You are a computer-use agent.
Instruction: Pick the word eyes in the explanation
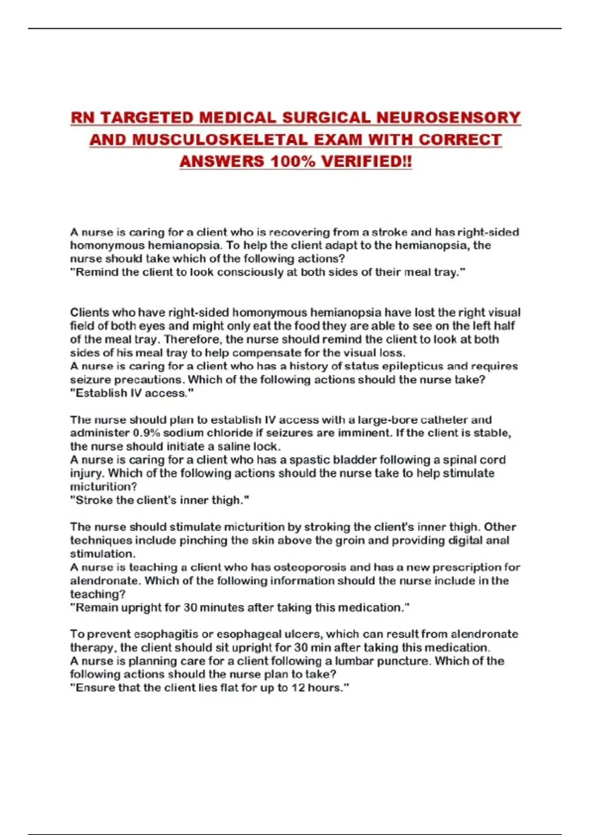152,326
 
